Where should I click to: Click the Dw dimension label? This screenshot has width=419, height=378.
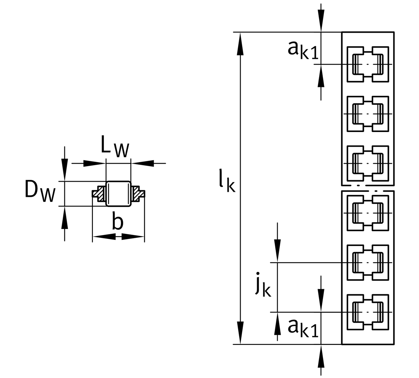(x=40, y=192)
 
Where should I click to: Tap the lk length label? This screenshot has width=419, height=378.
(x=227, y=181)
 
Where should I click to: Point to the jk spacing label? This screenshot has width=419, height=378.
(x=263, y=284)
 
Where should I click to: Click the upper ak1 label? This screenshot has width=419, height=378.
(x=303, y=50)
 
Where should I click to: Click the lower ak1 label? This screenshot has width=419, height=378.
(x=303, y=328)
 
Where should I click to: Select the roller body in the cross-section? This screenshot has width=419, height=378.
(x=118, y=194)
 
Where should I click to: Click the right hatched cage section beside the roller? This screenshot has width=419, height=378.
(x=137, y=194)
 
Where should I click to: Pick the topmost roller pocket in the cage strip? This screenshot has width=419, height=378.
(x=368, y=64)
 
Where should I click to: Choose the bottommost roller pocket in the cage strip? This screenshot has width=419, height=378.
(x=368, y=312)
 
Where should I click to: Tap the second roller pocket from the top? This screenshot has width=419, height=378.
(x=368, y=114)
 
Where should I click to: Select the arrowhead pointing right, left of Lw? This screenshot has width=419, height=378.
(x=94, y=163)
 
